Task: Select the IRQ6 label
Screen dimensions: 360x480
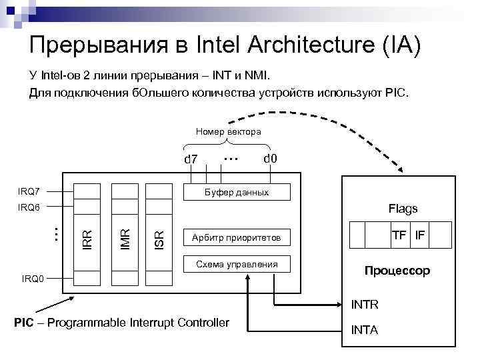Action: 30,207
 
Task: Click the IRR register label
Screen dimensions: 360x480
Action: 87,238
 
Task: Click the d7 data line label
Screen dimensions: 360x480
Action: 191,159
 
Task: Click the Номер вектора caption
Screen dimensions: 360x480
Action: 228,132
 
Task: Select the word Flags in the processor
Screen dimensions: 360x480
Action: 403,209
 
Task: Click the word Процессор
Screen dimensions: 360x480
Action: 397,271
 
